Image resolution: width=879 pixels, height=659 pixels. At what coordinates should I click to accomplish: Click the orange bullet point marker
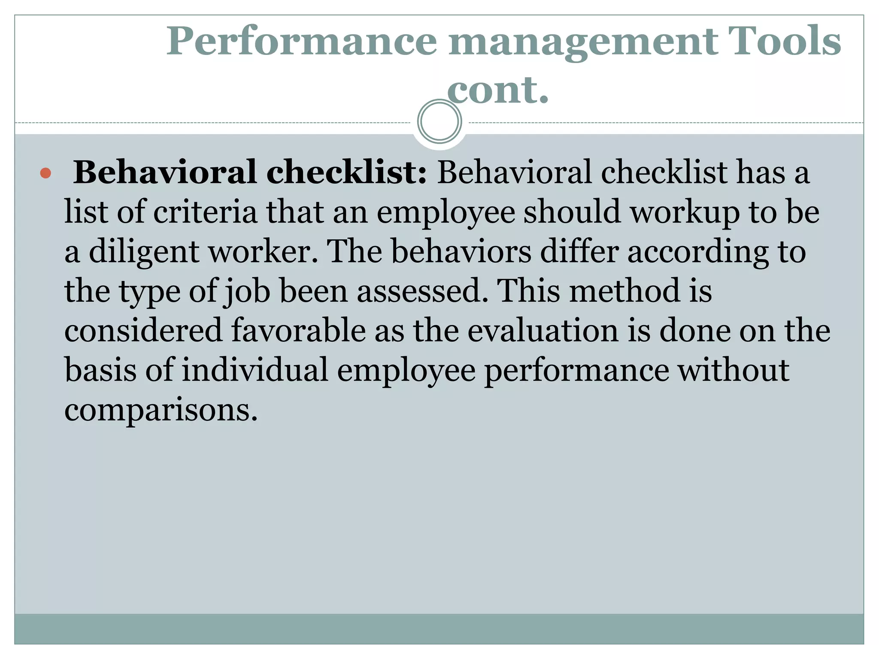click(45, 174)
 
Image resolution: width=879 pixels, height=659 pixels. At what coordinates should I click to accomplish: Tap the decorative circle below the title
click(439, 121)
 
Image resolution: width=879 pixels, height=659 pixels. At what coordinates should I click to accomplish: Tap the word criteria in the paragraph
click(205, 212)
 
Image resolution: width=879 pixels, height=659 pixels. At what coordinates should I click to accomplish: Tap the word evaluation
click(543, 330)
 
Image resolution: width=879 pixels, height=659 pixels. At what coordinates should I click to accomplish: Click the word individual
click(255, 370)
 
